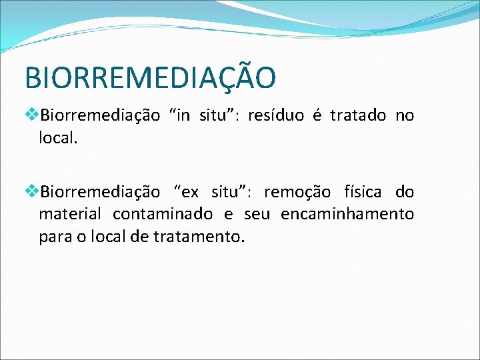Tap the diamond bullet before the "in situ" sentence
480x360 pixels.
coord(32,115)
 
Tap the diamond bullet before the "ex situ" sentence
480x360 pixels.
coord(32,192)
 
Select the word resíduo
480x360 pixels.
coord(276,116)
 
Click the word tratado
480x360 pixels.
coord(358,116)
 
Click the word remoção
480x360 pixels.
coord(297,193)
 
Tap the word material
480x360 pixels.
coord(70,215)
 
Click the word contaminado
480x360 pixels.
coord(163,215)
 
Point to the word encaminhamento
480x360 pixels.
coord(347,215)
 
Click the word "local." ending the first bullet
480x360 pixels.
coord(59,138)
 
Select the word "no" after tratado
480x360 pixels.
coord(405,116)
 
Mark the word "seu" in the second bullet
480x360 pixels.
coord(257,215)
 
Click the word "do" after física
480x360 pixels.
coord(405,193)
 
